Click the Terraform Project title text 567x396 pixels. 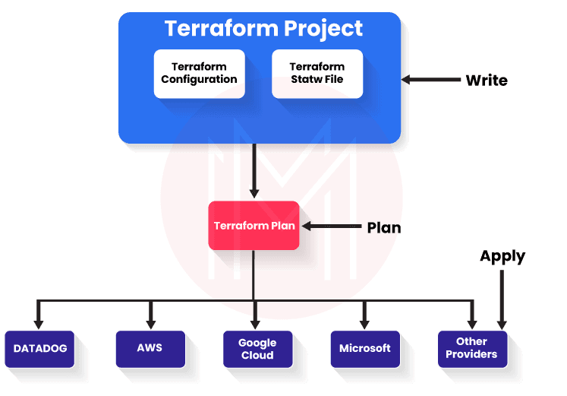[263, 29]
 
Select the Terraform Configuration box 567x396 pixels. [199, 73]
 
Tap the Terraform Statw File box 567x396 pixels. [317, 73]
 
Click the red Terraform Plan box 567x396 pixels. [254, 226]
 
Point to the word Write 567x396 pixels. [487, 80]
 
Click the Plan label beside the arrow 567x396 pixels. [383, 227]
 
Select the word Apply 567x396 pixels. [502, 256]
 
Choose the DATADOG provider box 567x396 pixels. [40, 349]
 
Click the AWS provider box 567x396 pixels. [150, 348]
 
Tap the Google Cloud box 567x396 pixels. [257, 349]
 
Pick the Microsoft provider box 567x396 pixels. [364, 348]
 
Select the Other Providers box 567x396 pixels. [471, 348]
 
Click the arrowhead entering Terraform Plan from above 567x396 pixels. [254, 195]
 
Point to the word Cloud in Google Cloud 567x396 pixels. [257, 355]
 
